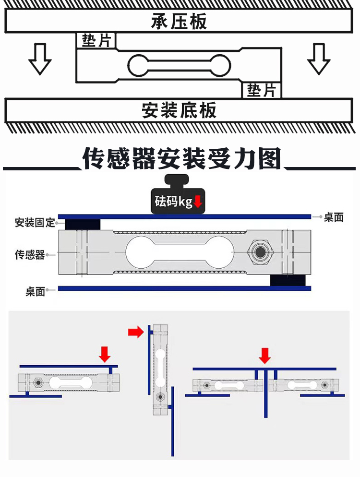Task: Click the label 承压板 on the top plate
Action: [179, 21]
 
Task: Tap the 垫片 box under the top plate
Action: [96, 40]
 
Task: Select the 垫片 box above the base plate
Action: [262, 90]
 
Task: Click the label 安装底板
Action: [179, 110]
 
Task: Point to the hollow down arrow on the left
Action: [40, 59]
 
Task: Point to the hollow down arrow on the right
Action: [319, 59]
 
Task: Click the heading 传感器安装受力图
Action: [181, 158]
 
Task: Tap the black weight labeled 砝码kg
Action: [178, 194]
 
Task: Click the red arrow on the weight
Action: [198, 202]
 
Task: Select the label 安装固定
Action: [35, 222]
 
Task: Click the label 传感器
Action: [30, 254]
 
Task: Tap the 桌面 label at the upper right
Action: [334, 217]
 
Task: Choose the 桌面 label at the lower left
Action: [36, 291]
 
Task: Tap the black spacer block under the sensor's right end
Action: [288, 280]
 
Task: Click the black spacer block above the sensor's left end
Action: [83, 225]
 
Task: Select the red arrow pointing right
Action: [136, 332]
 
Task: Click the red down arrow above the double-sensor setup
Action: [265, 356]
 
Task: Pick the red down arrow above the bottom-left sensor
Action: [105, 355]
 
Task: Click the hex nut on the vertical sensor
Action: [160, 397]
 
